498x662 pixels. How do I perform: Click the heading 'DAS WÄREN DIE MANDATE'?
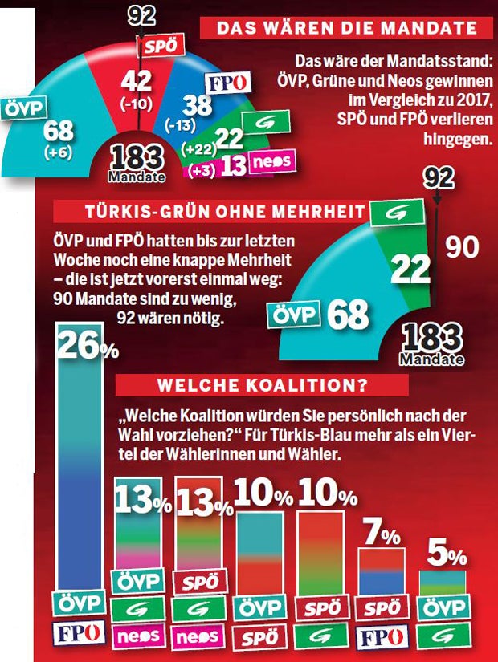tap(346, 28)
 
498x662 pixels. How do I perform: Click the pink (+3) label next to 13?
tap(201, 169)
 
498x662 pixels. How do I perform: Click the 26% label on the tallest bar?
tap(87, 347)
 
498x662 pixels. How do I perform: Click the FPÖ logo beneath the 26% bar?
tap(81, 633)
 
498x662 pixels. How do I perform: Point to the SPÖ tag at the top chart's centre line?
tap(157, 46)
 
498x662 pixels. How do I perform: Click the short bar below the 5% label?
tap(443, 582)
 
